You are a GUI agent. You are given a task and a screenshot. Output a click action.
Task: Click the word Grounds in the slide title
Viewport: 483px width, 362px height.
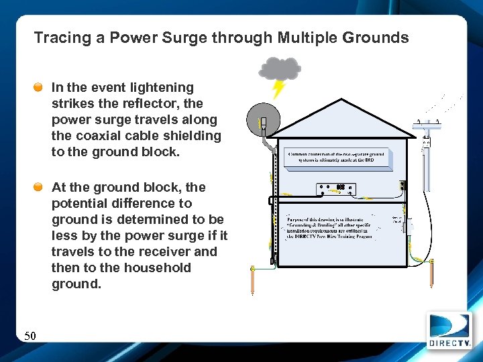click(375, 38)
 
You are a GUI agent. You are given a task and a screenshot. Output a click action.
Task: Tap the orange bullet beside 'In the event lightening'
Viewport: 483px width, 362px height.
click(40, 87)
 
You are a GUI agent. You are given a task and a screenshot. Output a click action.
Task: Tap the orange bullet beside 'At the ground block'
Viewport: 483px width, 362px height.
click(40, 187)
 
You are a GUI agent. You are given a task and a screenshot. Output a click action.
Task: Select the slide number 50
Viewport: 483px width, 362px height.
click(31, 335)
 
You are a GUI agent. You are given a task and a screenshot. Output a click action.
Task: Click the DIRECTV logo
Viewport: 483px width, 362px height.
click(449, 331)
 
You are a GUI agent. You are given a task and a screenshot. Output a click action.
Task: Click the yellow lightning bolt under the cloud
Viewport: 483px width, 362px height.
click(278, 89)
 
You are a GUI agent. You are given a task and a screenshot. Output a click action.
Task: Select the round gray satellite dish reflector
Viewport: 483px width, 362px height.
click(262, 121)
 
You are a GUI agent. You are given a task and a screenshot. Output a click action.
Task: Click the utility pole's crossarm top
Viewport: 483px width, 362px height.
click(427, 123)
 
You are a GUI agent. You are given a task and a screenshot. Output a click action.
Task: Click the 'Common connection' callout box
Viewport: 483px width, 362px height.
click(339, 158)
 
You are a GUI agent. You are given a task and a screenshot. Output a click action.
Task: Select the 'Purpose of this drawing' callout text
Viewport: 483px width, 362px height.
click(329, 227)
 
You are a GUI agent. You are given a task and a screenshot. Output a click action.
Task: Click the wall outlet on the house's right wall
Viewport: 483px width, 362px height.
click(402, 186)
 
